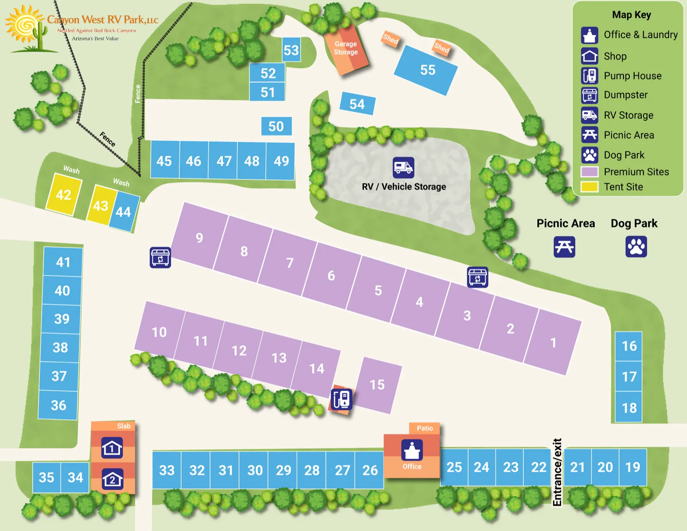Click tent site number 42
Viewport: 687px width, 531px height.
[64, 194]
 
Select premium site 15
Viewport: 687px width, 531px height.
[378, 385]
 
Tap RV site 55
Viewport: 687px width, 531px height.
[426, 70]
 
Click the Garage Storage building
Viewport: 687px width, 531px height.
[347, 48]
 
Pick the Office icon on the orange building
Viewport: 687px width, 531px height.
[412, 450]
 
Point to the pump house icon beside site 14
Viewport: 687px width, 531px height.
[342, 399]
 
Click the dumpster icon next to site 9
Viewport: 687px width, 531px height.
[160, 258]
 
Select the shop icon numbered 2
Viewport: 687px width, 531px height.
[112, 479]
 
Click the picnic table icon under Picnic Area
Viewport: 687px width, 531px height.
[564, 247]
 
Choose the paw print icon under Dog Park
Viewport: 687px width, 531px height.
[636, 247]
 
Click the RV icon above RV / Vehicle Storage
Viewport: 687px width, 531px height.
[403, 168]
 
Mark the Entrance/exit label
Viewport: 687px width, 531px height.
[557, 472]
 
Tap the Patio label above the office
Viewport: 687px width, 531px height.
[424, 428]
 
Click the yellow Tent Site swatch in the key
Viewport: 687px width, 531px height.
[589, 187]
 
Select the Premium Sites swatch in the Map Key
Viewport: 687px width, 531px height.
[589, 172]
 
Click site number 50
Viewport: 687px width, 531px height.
[276, 126]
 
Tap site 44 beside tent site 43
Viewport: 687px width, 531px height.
[124, 212]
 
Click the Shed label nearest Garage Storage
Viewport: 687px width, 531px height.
[390, 39]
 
